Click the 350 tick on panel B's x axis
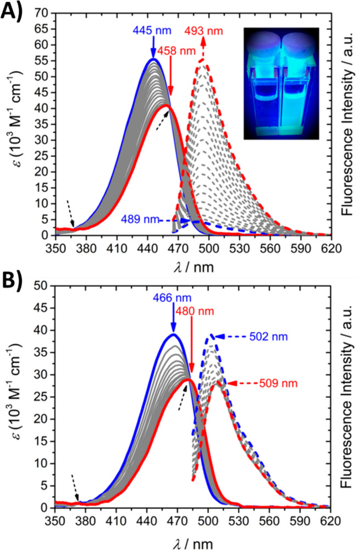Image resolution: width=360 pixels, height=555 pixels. (55, 519)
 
